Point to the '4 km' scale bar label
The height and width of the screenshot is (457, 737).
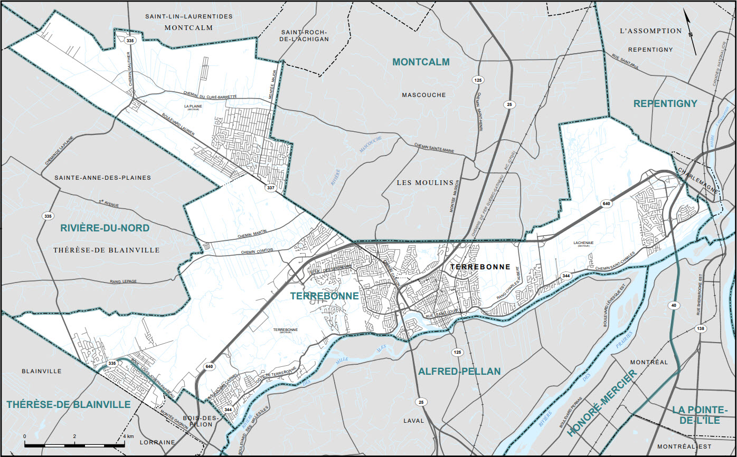(128, 436)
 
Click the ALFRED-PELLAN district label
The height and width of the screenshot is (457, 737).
(459, 372)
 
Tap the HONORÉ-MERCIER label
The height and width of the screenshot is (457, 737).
(602, 404)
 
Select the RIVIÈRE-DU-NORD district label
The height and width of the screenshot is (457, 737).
(105, 228)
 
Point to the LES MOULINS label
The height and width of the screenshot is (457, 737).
(425, 182)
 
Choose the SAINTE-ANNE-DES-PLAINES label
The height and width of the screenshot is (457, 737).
(103, 178)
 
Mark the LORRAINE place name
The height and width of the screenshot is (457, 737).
(157, 442)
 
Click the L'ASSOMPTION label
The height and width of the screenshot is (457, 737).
(651, 31)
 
